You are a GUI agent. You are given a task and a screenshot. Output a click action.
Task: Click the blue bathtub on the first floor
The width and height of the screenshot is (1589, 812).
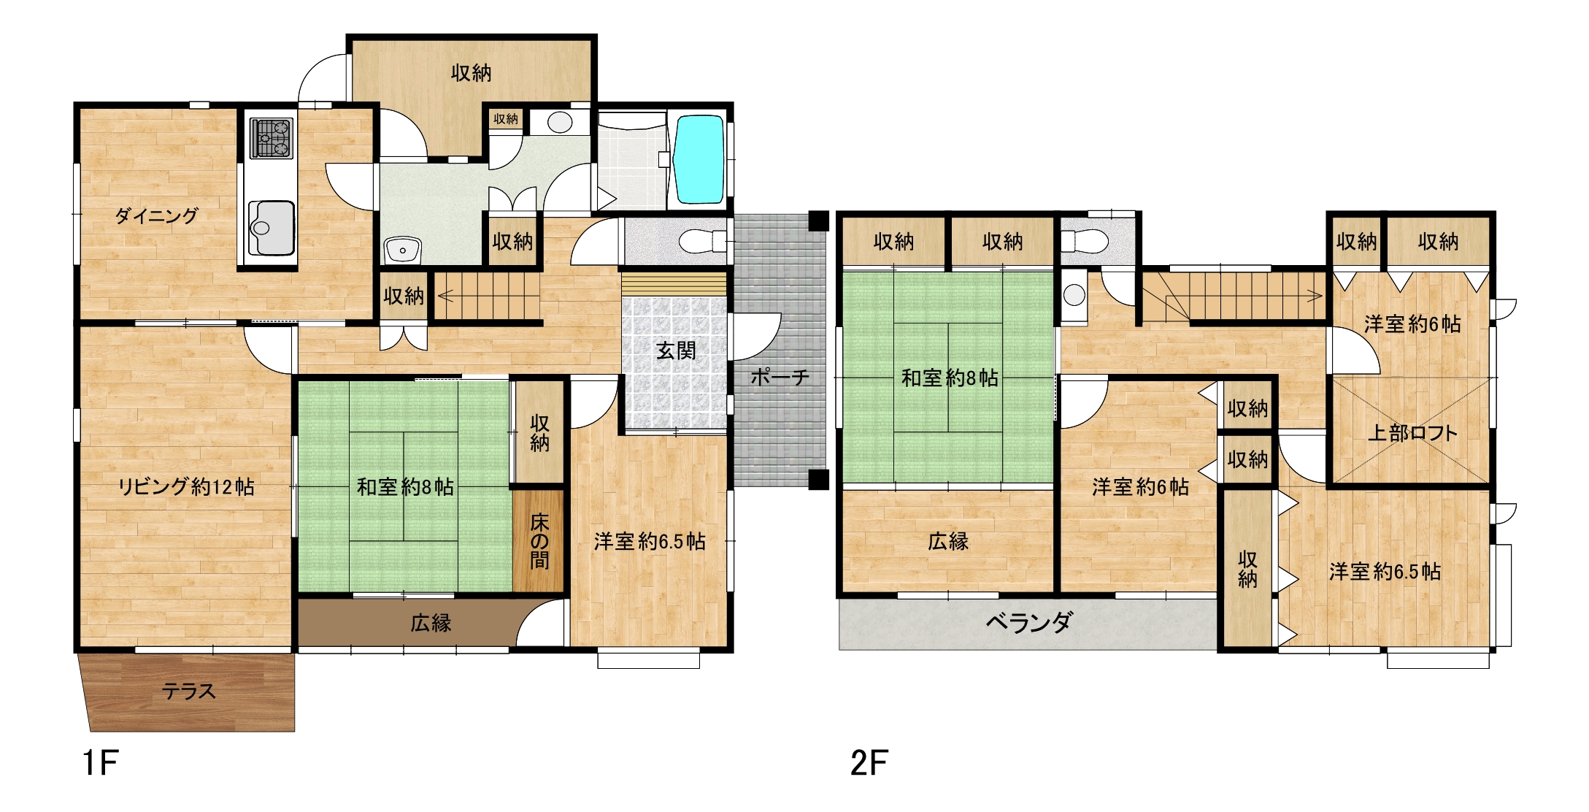coord(699,159)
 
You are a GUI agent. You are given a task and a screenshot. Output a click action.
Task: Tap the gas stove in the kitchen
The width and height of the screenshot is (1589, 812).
coord(272,138)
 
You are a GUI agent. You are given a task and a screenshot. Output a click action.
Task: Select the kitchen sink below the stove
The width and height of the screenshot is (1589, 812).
coord(272,227)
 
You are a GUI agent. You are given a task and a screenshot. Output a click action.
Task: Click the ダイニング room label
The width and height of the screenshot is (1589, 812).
coord(156,215)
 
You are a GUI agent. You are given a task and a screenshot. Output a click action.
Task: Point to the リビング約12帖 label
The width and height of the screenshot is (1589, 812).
coord(186,486)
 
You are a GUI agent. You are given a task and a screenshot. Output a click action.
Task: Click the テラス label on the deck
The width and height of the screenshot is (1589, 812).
coord(188,691)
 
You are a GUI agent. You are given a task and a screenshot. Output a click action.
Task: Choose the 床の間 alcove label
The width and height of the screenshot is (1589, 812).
coord(539,541)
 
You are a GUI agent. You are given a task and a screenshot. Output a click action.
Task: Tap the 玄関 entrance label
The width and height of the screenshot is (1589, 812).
coord(676,351)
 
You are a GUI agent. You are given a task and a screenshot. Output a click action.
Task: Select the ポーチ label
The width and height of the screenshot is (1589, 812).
coord(780,377)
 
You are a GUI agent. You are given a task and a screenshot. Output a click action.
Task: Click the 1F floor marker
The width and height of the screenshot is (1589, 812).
coord(100,763)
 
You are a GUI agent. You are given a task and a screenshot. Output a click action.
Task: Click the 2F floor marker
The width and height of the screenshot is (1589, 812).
coord(869,763)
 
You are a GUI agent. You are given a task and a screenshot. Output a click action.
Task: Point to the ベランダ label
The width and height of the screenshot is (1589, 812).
coord(1029,622)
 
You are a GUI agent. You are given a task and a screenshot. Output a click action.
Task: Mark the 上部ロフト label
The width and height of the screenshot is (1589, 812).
coord(1412,433)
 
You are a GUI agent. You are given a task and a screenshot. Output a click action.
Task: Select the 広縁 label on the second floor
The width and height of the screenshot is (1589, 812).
coord(948,541)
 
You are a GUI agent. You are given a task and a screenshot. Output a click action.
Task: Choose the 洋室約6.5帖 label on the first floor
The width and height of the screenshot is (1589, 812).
coord(650,541)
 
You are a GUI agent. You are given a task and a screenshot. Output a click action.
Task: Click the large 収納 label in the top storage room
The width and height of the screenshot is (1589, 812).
coord(471,73)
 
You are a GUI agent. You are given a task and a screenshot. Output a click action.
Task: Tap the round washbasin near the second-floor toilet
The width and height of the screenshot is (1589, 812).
coord(1074,295)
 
